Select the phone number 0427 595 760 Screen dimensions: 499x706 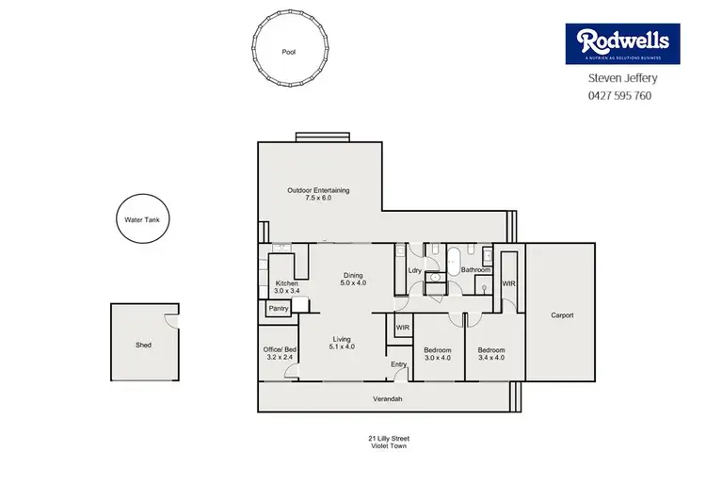[619, 95]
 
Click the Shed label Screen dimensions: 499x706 [142, 345]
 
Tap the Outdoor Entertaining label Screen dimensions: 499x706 [318, 195]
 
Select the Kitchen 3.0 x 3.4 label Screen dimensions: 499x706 [286, 287]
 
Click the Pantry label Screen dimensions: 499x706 [279, 308]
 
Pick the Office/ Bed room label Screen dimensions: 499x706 [281, 353]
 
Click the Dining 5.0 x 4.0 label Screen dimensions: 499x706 [354, 279]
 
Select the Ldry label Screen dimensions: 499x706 [413, 271]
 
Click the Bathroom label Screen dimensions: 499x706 [474, 270]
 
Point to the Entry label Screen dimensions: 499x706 [398, 363]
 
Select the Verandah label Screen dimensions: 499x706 [387, 399]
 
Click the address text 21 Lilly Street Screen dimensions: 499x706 [387, 438]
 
